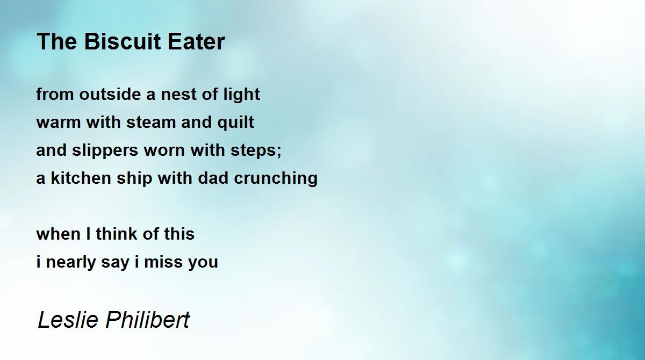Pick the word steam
[152, 123]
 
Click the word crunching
[276, 179]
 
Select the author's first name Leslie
[67, 320]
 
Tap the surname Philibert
[147, 320]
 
